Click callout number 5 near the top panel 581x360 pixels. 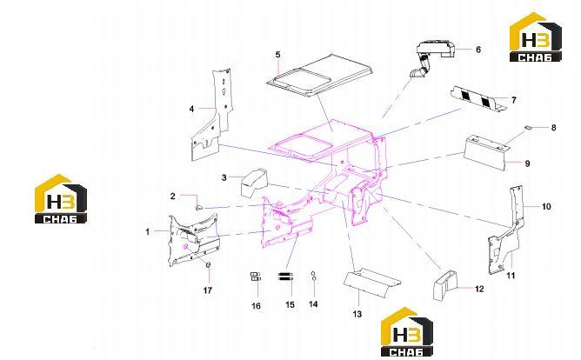pyautogui.click(x=278, y=55)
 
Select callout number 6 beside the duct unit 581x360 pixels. pyautogui.click(x=478, y=50)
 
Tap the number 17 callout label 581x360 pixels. pyautogui.click(x=208, y=290)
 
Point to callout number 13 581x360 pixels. pyautogui.click(x=357, y=314)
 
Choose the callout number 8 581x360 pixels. pyautogui.click(x=553, y=128)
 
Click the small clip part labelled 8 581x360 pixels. pyautogui.click(x=529, y=128)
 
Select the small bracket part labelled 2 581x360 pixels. pyautogui.click(x=198, y=207)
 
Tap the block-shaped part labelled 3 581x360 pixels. pyautogui.click(x=254, y=183)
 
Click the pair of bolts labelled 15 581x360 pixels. pyautogui.click(x=285, y=277)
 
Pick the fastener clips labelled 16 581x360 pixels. pyautogui.click(x=256, y=277)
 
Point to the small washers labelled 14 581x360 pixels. pyautogui.click(x=313, y=276)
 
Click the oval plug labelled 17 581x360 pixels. pyautogui.click(x=208, y=264)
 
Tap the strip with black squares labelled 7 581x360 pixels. pyautogui.click(x=478, y=99)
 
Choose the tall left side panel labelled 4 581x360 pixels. pyautogui.click(x=211, y=115)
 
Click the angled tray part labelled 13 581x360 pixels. pyautogui.click(x=371, y=283)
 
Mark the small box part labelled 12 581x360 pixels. pyautogui.click(x=445, y=285)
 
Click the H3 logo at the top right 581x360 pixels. pyautogui.click(x=536, y=37)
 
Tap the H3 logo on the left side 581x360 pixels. pyautogui.click(x=61, y=199)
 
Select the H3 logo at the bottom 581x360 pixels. pyautogui.click(x=407, y=332)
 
